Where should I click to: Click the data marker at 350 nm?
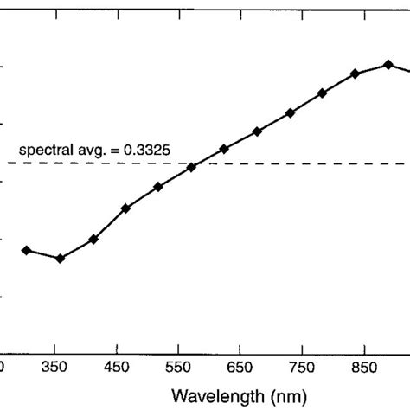click(60, 259)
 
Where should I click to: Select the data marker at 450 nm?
click(125, 208)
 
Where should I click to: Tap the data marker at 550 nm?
click(191, 167)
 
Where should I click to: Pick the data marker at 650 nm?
click(257, 131)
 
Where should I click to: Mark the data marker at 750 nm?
click(323, 93)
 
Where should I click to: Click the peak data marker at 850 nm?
click(388, 65)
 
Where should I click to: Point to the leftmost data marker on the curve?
click(26, 250)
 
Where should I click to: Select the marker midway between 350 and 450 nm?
click(93, 239)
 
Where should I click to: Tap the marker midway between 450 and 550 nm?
click(158, 187)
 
